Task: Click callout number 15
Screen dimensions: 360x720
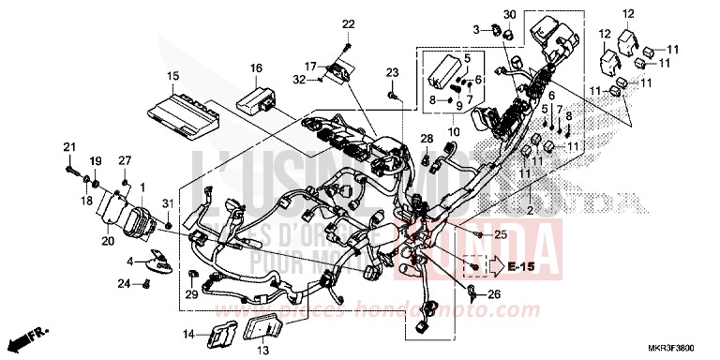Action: coord(172,75)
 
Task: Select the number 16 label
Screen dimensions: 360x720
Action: coord(256,67)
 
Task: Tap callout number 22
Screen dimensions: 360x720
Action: coord(349,23)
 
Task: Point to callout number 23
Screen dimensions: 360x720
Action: coord(393,72)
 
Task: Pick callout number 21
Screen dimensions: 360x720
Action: coord(67,146)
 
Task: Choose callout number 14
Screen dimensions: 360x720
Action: coord(187,334)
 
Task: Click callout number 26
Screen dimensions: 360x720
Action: coord(495,294)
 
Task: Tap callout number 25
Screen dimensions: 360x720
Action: coord(500,232)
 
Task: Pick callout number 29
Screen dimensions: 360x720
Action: coord(191,296)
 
